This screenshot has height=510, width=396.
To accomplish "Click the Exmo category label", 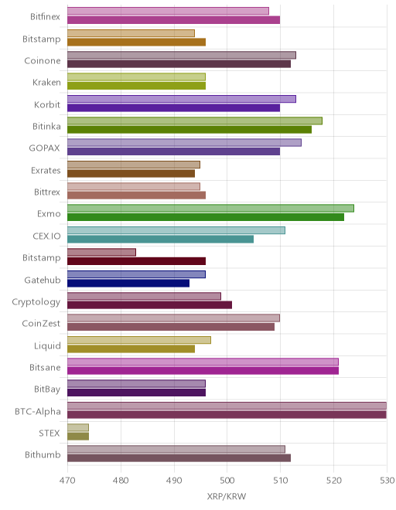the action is [x=49, y=214].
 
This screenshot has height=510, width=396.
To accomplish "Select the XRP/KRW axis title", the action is [x=227, y=496].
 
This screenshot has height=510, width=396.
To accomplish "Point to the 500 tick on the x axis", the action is [x=227, y=481].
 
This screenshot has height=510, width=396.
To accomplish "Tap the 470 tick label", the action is [x=67, y=481].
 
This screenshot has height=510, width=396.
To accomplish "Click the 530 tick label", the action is [x=387, y=481].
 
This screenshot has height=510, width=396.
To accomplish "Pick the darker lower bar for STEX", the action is [x=78, y=436].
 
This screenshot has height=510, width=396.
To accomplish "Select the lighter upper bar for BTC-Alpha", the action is [x=227, y=406].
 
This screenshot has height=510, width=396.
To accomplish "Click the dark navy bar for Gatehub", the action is [x=128, y=283].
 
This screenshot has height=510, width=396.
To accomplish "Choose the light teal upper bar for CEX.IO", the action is [x=176, y=230].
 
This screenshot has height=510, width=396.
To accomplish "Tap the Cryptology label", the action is [x=36, y=302].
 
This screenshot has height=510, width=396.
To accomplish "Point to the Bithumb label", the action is [x=43, y=454].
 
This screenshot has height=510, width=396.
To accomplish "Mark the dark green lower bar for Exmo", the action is [x=206, y=217].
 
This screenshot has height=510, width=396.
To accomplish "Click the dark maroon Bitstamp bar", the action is [x=136, y=261].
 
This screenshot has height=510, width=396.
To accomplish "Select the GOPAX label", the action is [x=45, y=148].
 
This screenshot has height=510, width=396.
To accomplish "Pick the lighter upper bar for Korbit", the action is [x=182, y=99].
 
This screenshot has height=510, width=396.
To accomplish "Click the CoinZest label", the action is [x=41, y=323].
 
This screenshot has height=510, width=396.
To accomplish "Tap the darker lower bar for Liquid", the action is [x=131, y=348].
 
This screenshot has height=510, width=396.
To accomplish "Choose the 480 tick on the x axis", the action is [x=121, y=481].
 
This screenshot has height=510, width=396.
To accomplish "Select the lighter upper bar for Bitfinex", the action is [x=168, y=11].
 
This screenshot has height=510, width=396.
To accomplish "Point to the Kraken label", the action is [x=46, y=82].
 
